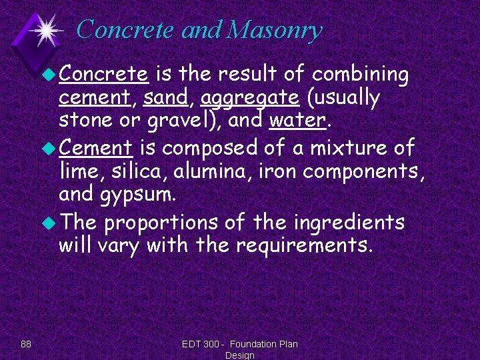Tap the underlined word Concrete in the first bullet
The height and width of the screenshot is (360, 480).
click(x=103, y=73)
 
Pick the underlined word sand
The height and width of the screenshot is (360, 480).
click(x=167, y=97)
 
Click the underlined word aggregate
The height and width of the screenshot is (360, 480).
click(x=249, y=99)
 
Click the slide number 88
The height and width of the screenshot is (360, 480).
click(x=26, y=344)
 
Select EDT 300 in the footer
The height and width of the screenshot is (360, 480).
click(x=201, y=344)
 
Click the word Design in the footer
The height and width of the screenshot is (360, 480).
click(x=240, y=355)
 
